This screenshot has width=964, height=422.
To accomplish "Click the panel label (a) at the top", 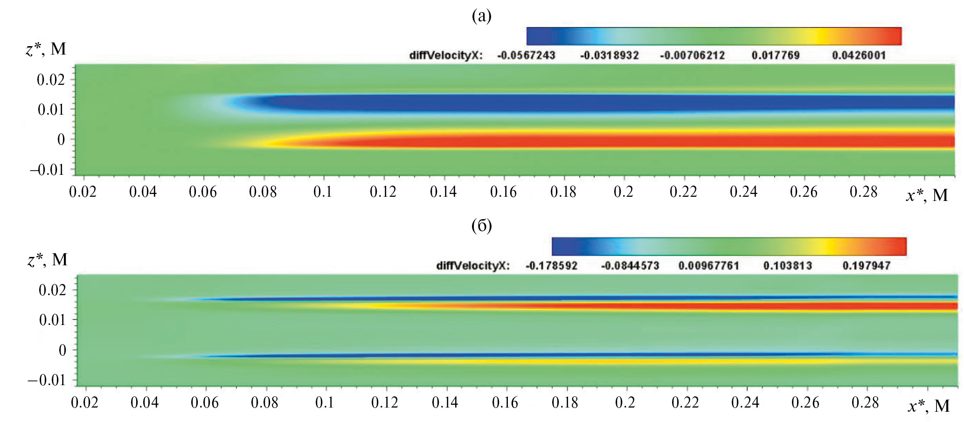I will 482,16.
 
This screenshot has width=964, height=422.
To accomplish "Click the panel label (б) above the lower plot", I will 482,226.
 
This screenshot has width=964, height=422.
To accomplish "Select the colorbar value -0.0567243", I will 526,55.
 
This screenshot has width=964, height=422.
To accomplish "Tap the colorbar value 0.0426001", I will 859,55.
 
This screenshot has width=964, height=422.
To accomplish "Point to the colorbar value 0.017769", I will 775,55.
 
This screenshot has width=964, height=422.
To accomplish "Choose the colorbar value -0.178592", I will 551,266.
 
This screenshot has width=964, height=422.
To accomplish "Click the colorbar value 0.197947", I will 867,266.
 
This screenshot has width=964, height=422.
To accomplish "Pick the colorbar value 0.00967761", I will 708,266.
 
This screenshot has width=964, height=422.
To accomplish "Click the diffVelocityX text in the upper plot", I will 445,55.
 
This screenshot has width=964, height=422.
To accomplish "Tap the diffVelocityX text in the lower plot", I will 472,266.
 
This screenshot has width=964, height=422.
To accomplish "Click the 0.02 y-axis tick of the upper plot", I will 51,80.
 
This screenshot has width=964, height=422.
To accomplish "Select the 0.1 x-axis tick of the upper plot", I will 322,192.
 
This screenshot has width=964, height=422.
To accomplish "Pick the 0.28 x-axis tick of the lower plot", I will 865,402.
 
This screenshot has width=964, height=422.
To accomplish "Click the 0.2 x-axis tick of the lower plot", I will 625,402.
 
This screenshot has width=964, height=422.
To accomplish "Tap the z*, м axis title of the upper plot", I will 46,49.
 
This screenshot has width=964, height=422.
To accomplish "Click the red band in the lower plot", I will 793,306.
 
